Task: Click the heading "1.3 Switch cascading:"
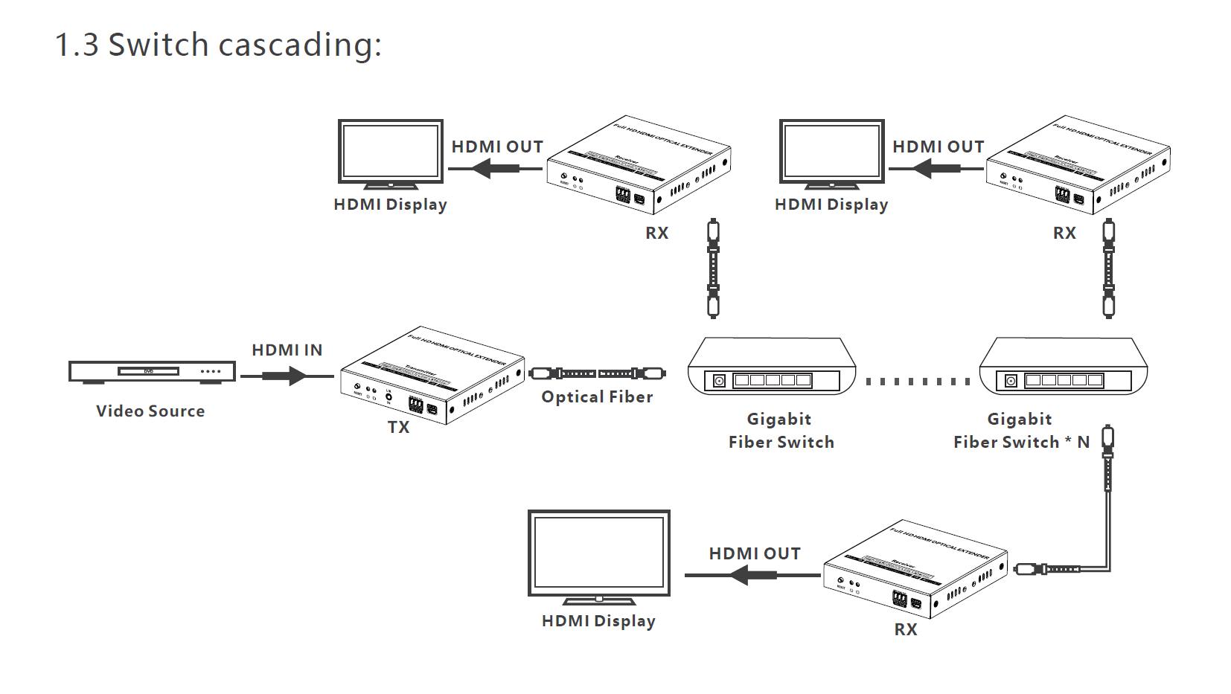click(x=218, y=45)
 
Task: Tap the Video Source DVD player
click(x=152, y=371)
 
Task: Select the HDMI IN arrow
click(x=287, y=376)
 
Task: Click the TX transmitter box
click(x=432, y=376)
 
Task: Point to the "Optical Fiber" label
click(x=597, y=397)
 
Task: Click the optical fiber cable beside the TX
click(x=597, y=373)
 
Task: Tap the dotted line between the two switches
click(x=917, y=382)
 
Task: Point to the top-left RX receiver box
click(x=638, y=165)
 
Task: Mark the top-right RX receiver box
click(x=1078, y=165)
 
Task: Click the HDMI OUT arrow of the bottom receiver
click(x=752, y=575)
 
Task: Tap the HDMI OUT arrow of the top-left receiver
click(x=494, y=169)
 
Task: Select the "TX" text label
click(x=398, y=427)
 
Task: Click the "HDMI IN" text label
click(x=287, y=350)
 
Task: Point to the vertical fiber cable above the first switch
click(x=713, y=268)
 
